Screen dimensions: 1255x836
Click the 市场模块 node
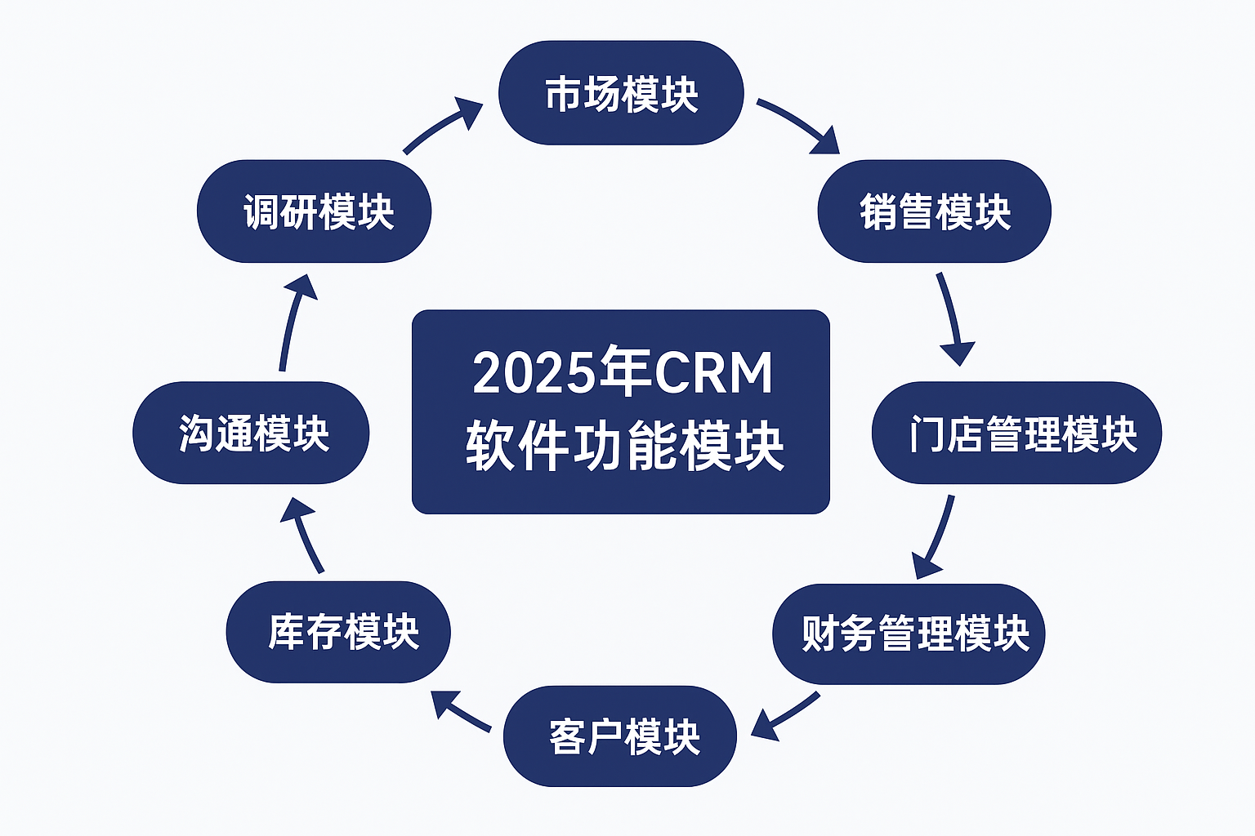point(621,93)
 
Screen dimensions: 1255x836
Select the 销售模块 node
point(935,211)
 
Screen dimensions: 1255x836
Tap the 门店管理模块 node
point(1017,433)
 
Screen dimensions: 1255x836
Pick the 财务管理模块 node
point(909,634)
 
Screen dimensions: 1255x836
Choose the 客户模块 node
point(619,736)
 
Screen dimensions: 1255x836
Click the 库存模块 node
point(338,632)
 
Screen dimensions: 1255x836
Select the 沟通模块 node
point(251,433)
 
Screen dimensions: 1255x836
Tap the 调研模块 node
point(315,211)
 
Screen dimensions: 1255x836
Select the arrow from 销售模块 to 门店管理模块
point(951,318)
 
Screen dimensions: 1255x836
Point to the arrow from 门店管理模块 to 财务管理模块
point(937,537)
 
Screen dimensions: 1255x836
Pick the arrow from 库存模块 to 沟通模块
point(303,535)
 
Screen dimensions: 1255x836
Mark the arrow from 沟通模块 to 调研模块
point(294,322)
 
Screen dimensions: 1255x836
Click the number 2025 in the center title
point(534,373)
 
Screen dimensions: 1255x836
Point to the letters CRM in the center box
point(713,372)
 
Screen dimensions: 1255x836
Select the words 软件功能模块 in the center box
point(625,447)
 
